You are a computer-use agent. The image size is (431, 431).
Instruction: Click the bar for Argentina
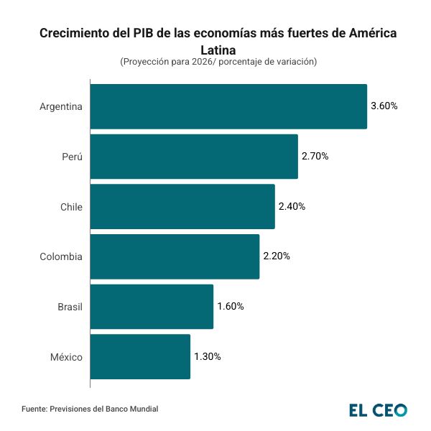click(228, 106)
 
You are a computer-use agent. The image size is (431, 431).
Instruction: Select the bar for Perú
click(194, 157)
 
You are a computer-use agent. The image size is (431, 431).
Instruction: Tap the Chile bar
click(182, 206)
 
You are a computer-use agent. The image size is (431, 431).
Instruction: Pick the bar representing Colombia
click(175, 256)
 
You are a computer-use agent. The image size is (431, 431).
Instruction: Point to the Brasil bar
click(152, 307)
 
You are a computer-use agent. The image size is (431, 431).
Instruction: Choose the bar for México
click(140, 356)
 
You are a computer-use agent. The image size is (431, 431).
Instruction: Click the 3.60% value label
click(384, 106)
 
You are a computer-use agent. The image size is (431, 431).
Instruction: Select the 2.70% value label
click(315, 157)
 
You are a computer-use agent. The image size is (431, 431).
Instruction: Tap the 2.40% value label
click(292, 206)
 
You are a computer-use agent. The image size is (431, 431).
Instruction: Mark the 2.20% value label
click(277, 256)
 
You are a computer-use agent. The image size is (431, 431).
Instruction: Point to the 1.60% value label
click(231, 307)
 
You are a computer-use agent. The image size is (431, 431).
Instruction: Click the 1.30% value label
click(208, 356)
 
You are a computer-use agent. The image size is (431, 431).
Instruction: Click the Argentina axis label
click(61, 106)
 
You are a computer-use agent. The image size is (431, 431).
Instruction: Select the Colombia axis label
click(61, 256)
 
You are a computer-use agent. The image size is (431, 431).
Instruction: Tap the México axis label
click(65, 356)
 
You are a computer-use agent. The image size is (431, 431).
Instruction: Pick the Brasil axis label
click(70, 307)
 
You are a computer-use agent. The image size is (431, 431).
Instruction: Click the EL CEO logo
click(378, 410)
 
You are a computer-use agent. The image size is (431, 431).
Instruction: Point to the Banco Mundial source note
click(90, 409)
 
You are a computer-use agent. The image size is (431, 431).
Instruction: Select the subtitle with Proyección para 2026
click(218, 62)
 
